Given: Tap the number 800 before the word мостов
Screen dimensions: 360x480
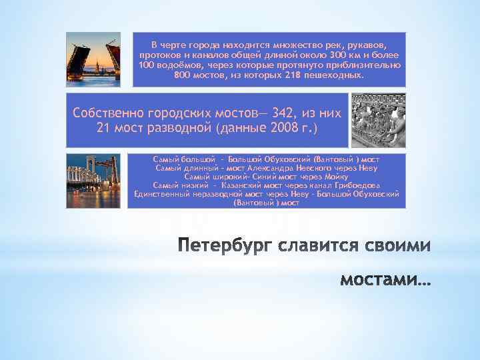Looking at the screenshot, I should click(183, 76).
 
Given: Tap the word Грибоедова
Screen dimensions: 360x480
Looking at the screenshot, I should click(355, 185).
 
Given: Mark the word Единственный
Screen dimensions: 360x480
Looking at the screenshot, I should click(161, 194).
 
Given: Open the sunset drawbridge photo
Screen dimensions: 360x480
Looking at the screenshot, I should click(93, 59).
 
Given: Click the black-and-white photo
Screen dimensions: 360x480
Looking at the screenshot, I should click(377, 120).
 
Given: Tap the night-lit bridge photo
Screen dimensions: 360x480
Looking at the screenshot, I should click(93, 180).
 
